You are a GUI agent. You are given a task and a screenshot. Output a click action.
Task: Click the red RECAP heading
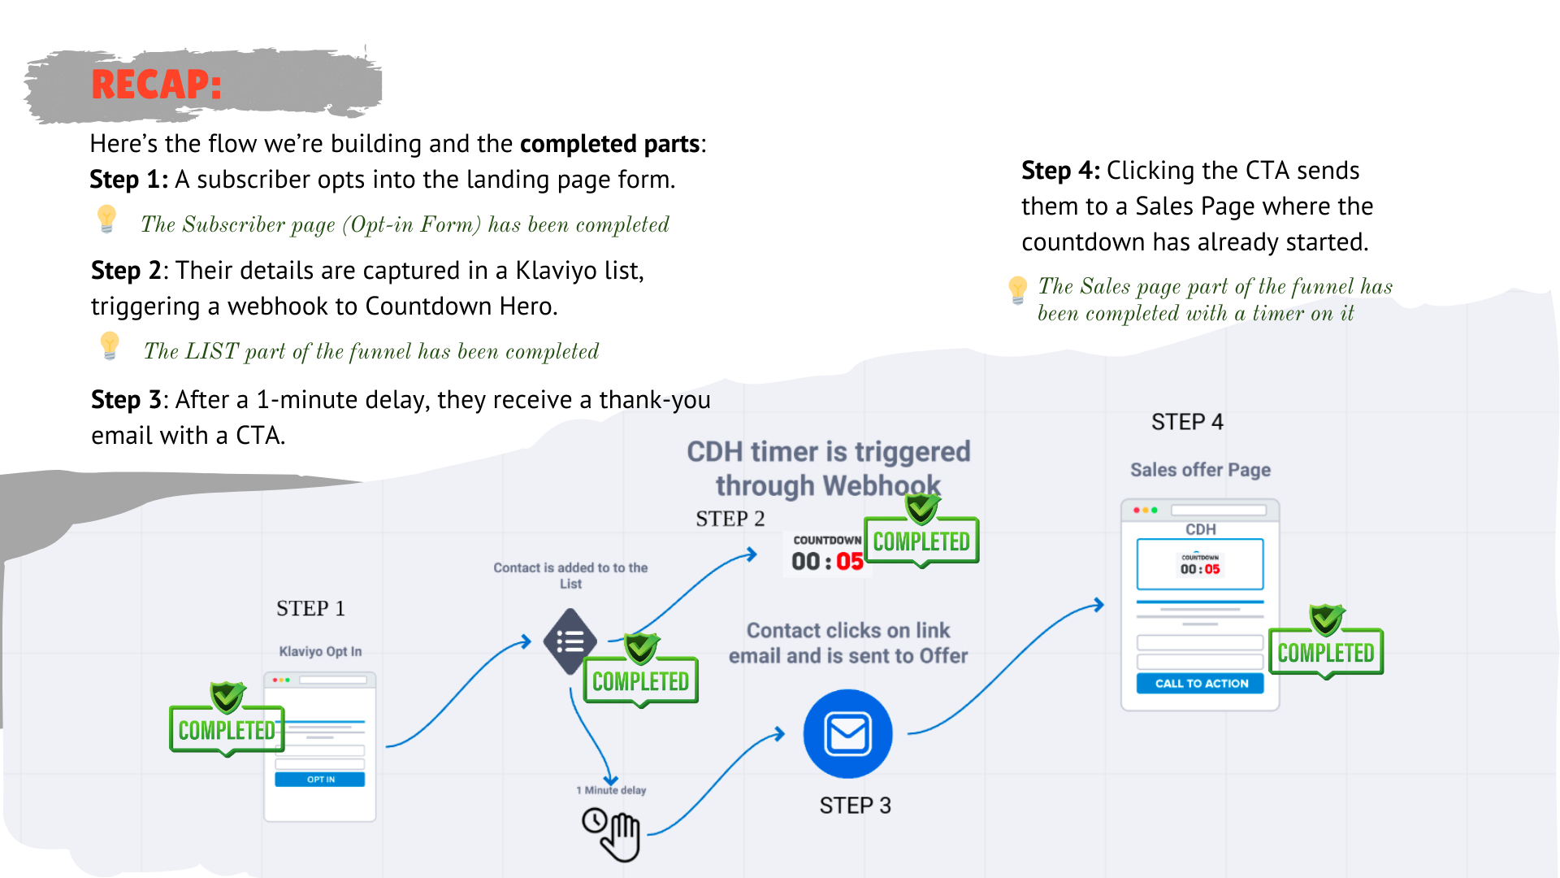coord(156,85)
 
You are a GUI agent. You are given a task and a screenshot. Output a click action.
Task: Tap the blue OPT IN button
coord(320,780)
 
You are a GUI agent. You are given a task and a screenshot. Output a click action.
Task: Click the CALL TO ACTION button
coord(1201,684)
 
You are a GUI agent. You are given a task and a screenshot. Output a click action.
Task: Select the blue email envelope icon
coord(847,734)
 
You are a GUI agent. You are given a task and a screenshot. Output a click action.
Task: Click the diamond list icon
coord(570,641)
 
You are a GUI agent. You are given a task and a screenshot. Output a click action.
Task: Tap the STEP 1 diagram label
coord(310,609)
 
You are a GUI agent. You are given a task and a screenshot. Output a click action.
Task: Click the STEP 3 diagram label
coord(855,806)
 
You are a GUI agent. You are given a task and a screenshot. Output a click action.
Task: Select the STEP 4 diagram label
coord(1187,422)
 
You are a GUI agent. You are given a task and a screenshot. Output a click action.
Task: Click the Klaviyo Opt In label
coord(320,652)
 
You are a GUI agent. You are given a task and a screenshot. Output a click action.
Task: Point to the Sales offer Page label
coord(1200,470)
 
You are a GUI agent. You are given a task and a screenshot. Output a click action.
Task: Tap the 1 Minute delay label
coord(611,790)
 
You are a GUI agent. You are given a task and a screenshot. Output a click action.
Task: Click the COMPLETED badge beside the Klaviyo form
coord(227,730)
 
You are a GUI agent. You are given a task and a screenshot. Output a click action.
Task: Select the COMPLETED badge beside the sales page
coord(1326,653)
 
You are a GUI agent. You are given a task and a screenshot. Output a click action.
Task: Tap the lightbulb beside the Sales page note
coord(1017,289)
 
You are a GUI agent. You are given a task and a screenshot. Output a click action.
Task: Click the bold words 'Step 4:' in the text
coord(1060,171)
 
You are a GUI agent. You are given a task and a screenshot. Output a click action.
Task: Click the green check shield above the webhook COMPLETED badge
coord(922,508)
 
